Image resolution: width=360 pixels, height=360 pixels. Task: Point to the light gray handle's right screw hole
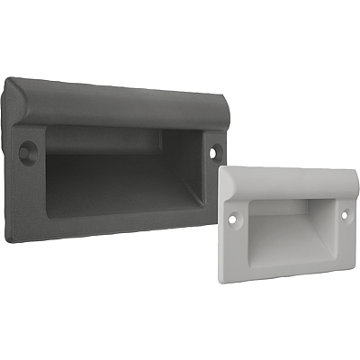click(344, 215)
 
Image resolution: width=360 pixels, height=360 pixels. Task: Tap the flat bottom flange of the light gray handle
click(288, 271)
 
